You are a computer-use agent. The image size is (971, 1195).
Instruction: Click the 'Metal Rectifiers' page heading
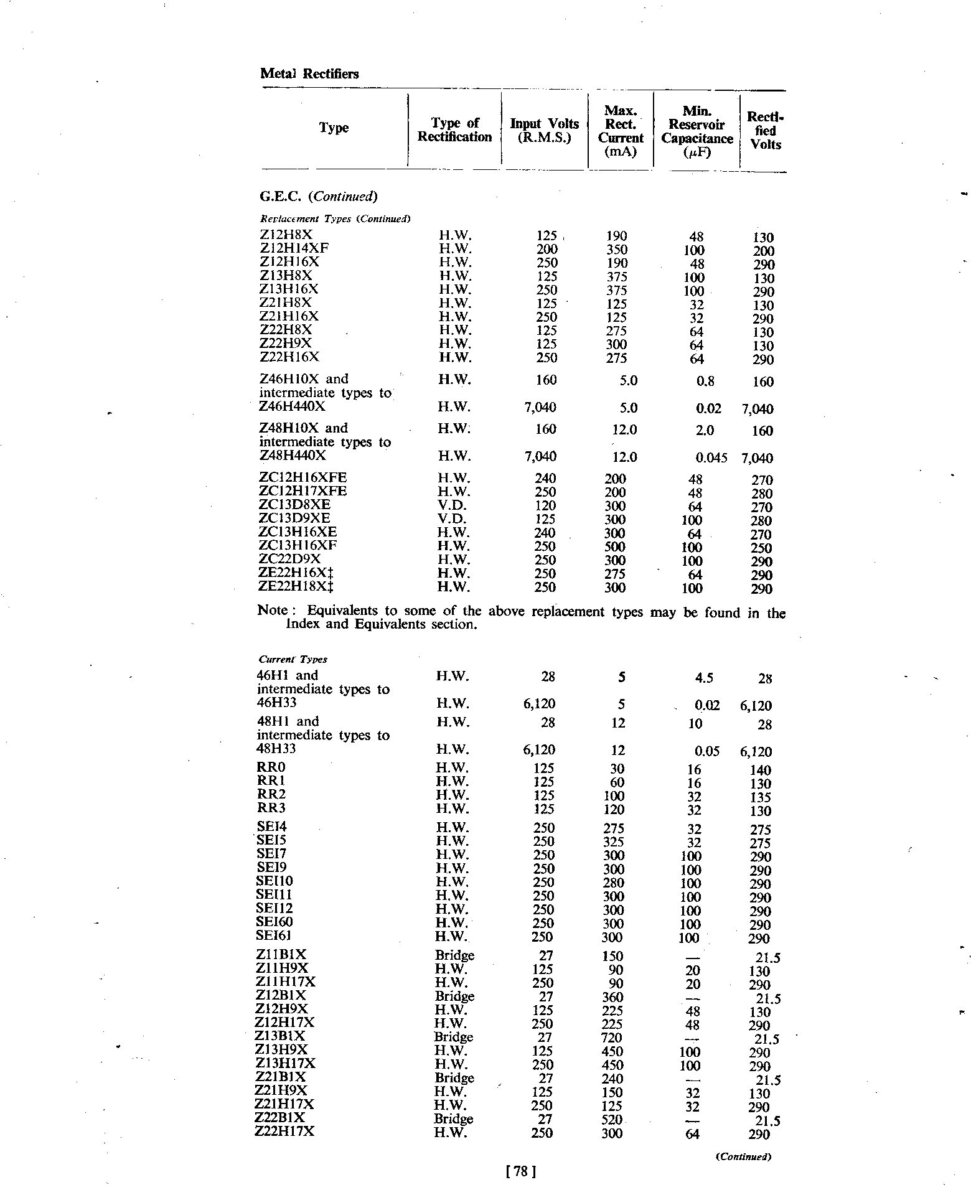pyautogui.click(x=309, y=74)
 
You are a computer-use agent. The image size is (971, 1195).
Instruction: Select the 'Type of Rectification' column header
pyautogui.click(x=454, y=130)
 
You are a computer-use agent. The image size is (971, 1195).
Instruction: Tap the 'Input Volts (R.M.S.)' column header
pyautogui.click(x=544, y=130)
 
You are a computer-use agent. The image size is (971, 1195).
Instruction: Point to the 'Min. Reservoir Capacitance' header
pyautogui.click(x=697, y=131)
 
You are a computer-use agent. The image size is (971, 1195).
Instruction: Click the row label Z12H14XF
pyautogui.click(x=294, y=248)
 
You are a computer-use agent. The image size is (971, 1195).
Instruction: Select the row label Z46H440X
pyautogui.click(x=292, y=406)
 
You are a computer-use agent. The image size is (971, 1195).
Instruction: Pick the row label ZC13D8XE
pyautogui.click(x=294, y=505)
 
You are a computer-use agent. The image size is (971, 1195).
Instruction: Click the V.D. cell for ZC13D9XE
pyautogui.click(x=452, y=518)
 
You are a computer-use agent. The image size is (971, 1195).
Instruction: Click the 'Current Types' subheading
pyautogui.click(x=292, y=659)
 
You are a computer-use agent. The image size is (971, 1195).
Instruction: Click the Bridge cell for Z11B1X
pyautogui.click(x=454, y=955)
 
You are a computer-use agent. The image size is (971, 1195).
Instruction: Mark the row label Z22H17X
pyautogui.click(x=284, y=1132)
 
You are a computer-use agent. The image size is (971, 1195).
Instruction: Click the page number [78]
pyautogui.click(x=522, y=1172)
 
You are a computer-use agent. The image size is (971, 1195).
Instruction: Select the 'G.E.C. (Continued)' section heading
pyautogui.click(x=318, y=197)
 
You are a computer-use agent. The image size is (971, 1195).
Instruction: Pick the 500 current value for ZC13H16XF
pyautogui.click(x=615, y=547)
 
